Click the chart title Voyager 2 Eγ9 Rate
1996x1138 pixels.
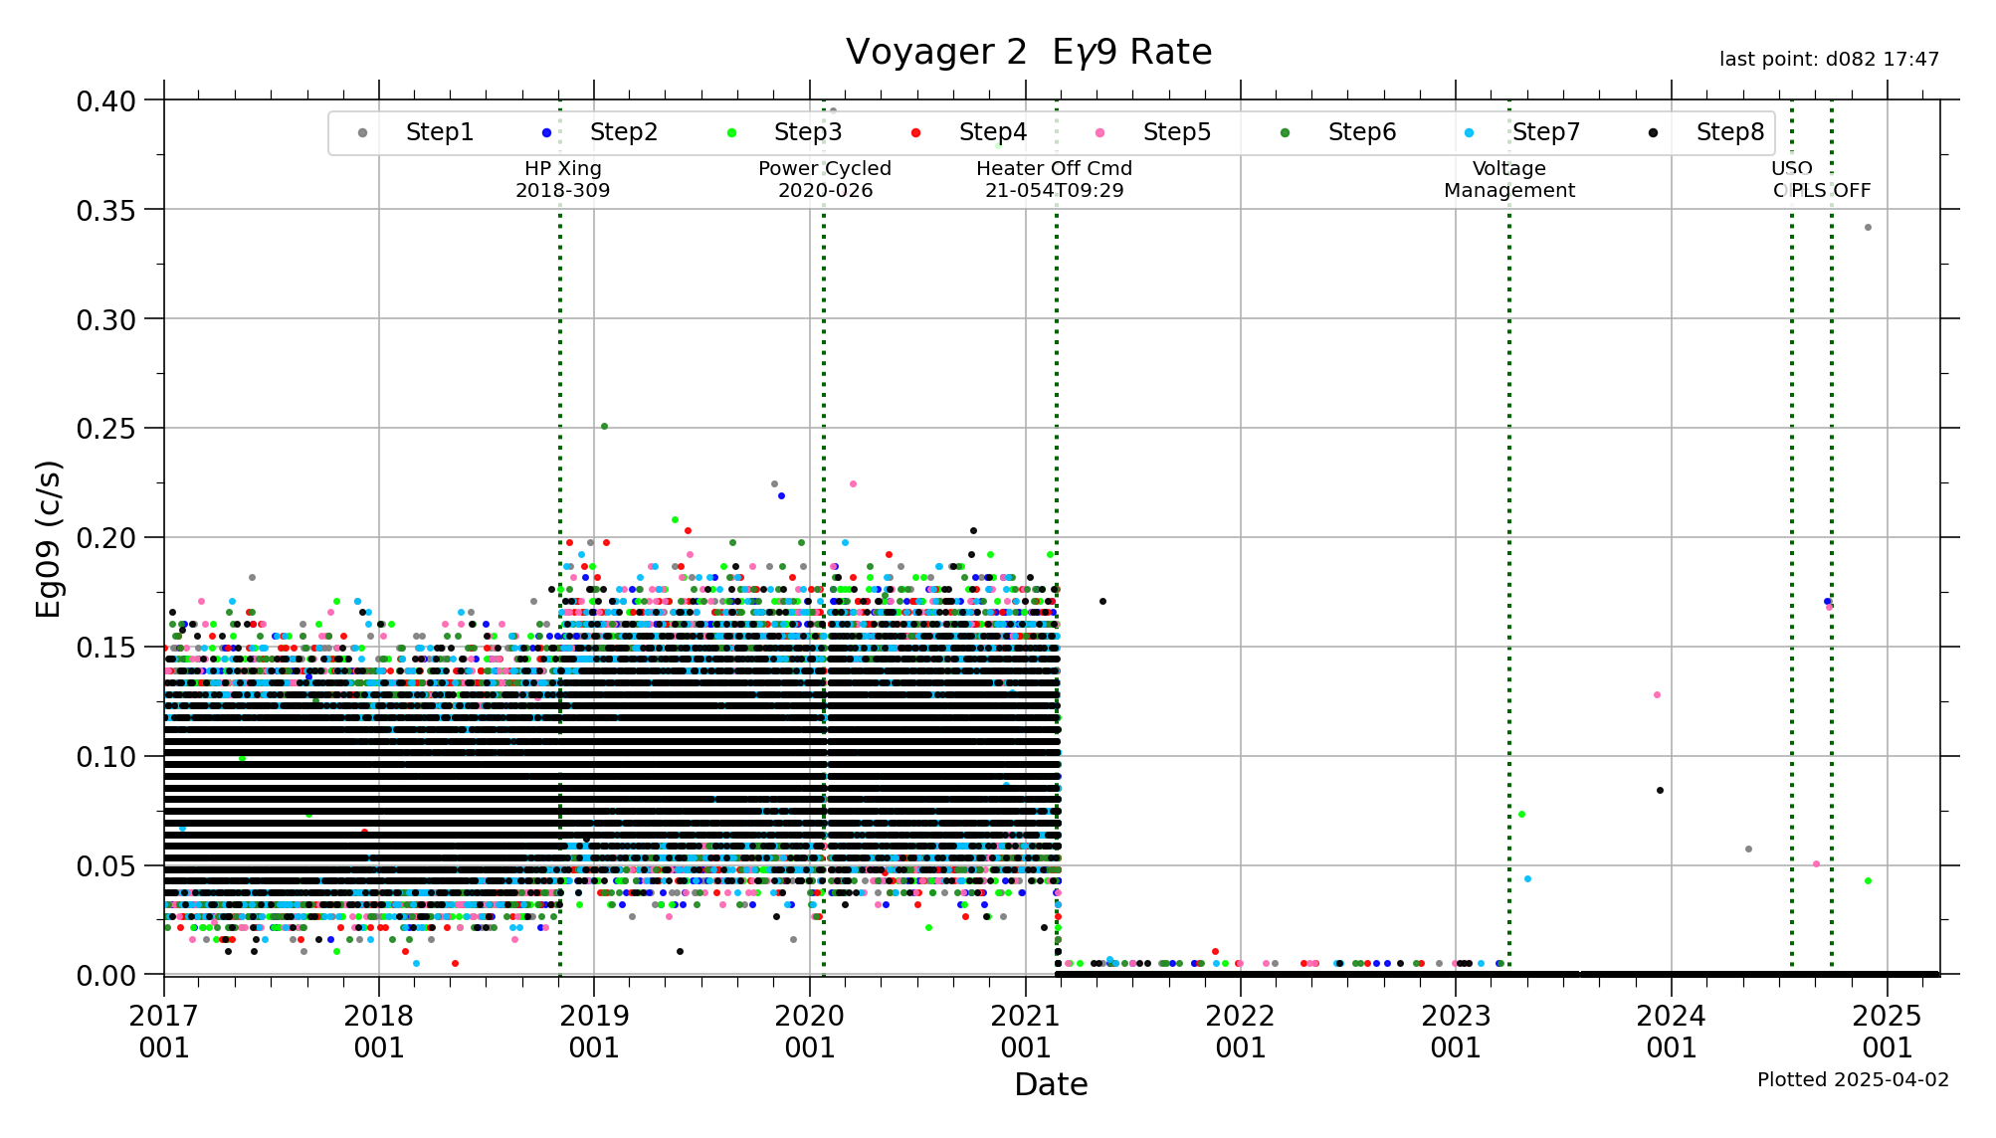click(1028, 52)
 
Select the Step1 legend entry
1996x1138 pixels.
click(439, 132)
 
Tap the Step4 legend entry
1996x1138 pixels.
click(992, 132)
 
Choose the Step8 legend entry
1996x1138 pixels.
click(1729, 132)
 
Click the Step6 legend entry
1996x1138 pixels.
click(1361, 132)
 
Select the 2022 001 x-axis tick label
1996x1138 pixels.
click(1240, 1032)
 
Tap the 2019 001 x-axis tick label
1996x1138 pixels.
click(594, 1032)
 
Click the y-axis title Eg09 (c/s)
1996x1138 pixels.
click(48, 538)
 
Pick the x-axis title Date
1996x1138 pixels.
click(1051, 1084)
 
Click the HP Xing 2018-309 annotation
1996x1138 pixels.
click(563, 179)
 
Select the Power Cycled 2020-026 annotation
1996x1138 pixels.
click(825, 179)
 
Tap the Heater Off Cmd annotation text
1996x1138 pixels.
click(1054, 179)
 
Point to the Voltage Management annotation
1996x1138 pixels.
click(1509, 179)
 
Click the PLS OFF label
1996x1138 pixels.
click(1831, 190)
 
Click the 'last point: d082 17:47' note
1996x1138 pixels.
click(1829, 60)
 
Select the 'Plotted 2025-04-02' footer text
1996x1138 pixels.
click(1853, 1079)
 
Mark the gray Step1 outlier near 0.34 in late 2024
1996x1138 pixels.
click(1868, 228)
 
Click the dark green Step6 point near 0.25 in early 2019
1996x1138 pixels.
click(604, 427)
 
